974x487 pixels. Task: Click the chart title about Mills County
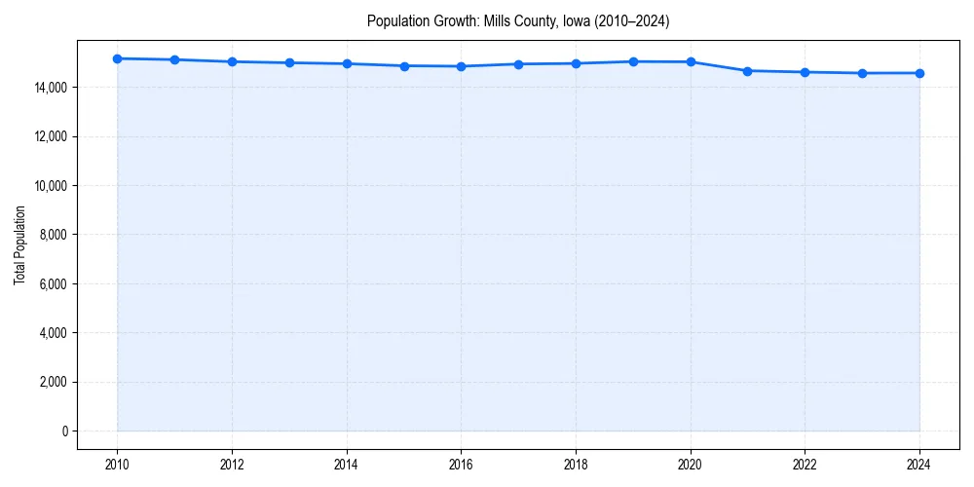click(x=517, y=20)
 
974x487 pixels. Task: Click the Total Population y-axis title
click(x=19, y=244)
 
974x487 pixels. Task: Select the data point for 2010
click(x=117, y=58)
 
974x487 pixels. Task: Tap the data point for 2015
click(x=404, y=66)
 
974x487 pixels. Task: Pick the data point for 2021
click(x=747, y=71)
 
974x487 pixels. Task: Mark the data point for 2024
click(x=919, y=73)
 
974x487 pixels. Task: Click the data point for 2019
click(x=633, y=61)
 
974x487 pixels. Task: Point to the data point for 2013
click(x=289, y=62)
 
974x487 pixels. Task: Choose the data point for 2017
click(x=518, y=64)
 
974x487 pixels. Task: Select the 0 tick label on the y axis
click(x=63, y=431)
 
